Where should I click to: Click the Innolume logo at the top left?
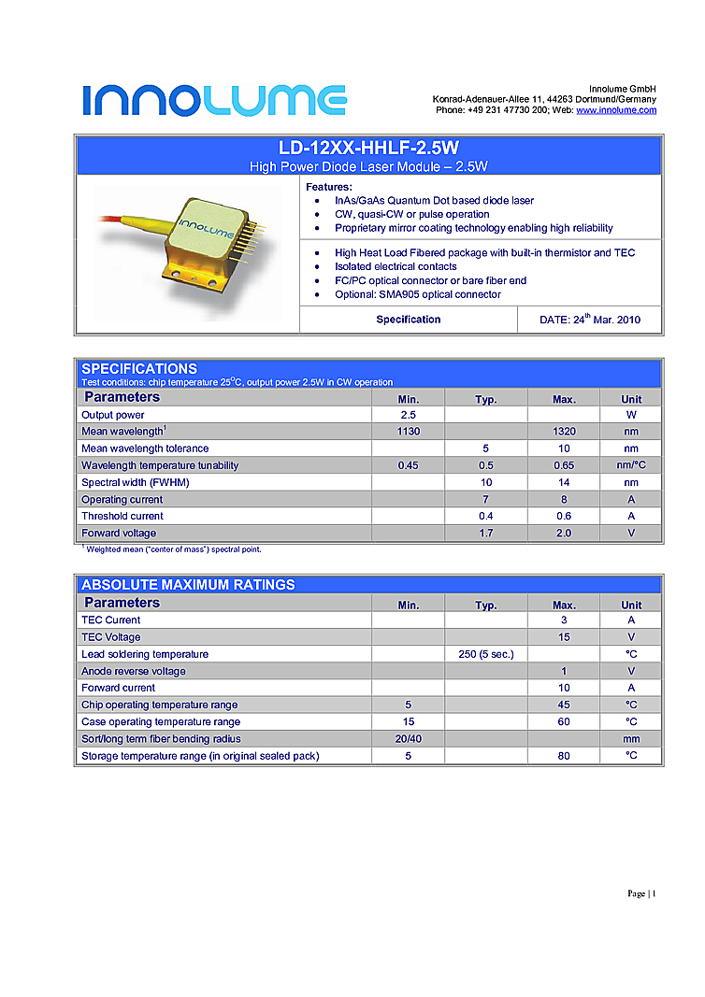tap(214, 99)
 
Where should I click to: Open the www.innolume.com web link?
tap(616, 110)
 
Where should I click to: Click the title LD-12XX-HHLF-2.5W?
tap(368, 148)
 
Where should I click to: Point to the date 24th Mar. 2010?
tap(590, 320)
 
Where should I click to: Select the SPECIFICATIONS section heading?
tap(139, 368)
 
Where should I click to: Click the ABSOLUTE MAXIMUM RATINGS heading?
tap(188, 585)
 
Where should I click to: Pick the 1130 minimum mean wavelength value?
tap(408, 432)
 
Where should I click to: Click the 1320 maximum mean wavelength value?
tap(564, 432)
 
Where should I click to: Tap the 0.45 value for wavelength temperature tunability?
tap(408, 465)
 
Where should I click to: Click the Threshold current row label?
tap(122, 516)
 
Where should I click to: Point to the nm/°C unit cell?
tap(631, 465)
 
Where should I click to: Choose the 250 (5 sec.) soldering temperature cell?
tap(485, 654)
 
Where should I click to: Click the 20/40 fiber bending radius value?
tap(408, 739)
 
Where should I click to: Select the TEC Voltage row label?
tap(111, 637)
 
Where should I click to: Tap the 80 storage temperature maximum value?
tap(564, 756)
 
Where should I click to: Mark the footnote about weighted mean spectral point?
tap(174, 549)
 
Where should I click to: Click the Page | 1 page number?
tap(641, 894)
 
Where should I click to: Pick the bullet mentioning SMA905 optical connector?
tap(418, 294)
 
